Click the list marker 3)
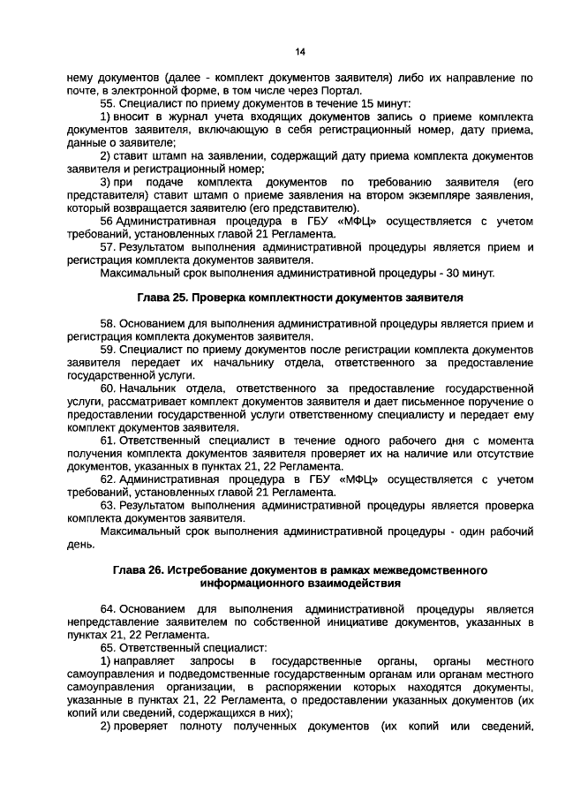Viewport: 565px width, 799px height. click(x=106, y=182)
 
